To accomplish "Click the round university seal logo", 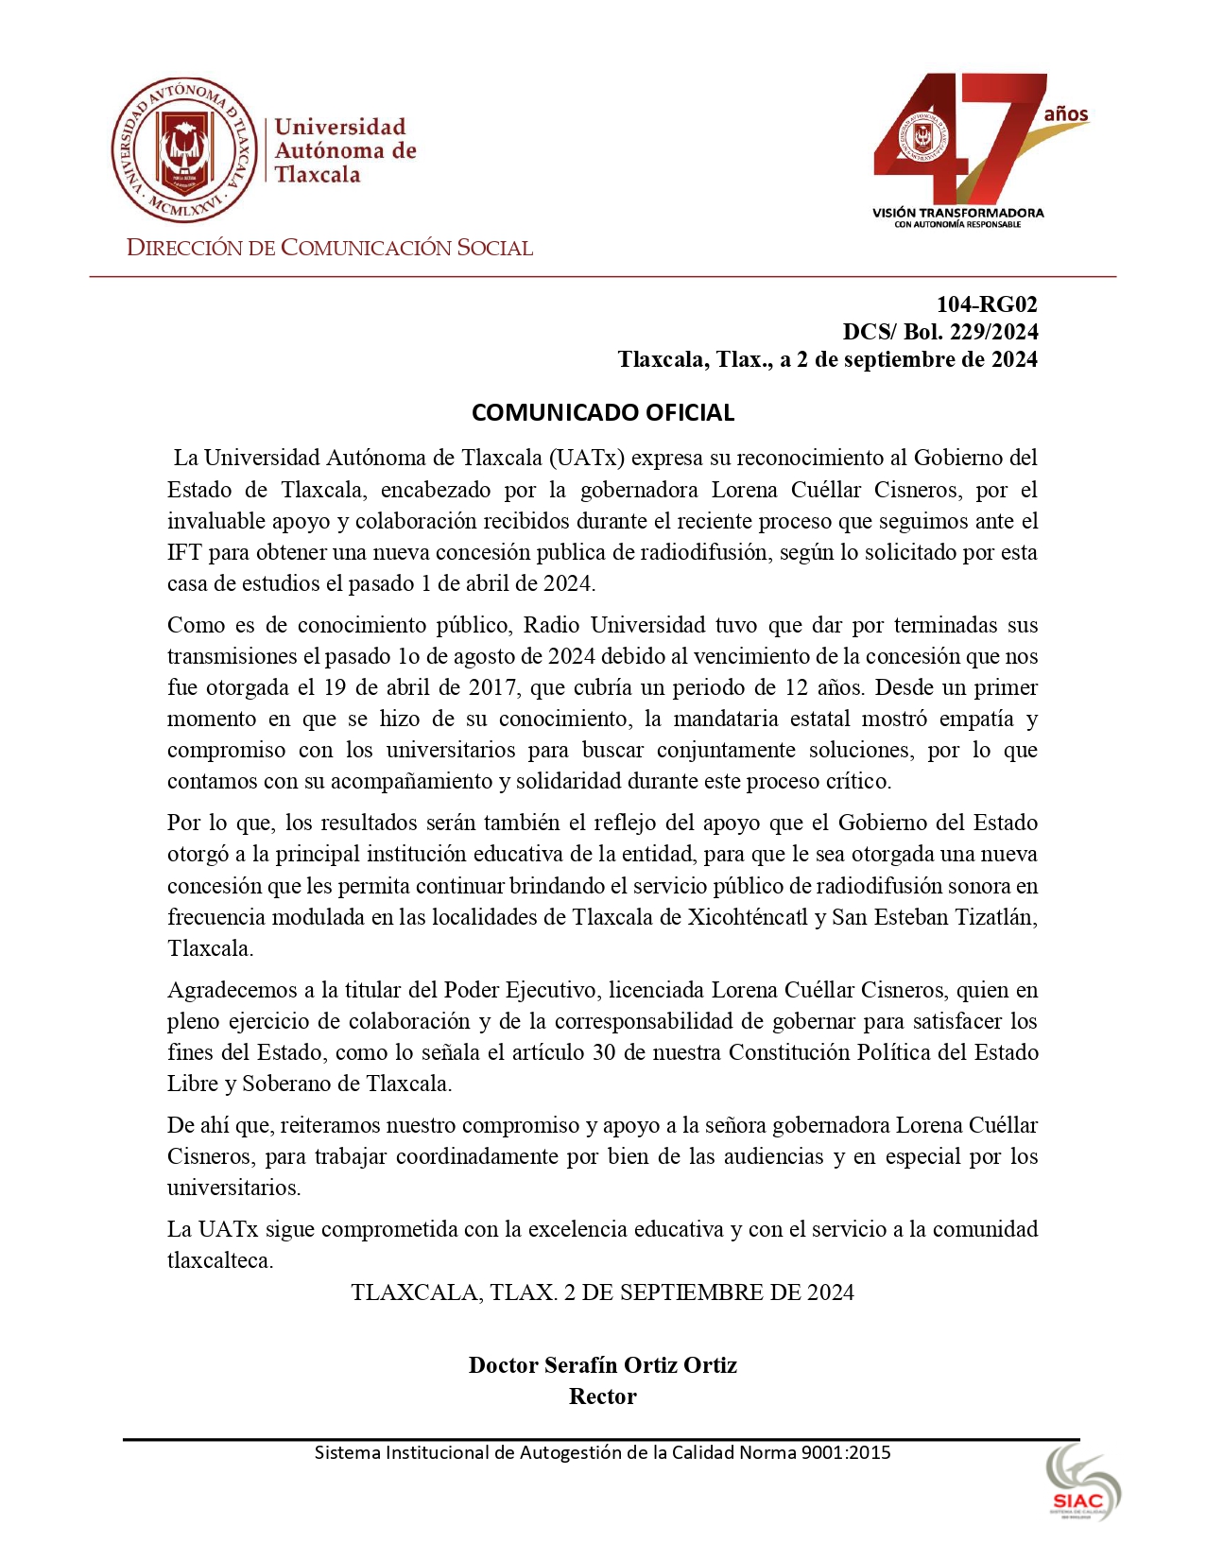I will pos(184,150).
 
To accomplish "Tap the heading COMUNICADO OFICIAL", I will pos(603,412).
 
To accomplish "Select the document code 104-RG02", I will pos(987,304).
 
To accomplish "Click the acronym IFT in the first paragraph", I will pos(184,552).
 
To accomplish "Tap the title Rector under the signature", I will pos(602,1396).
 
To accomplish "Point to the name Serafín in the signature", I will pos(582,1365).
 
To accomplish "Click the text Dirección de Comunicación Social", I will pos(330,249).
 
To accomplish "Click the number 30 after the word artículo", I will pos(604,1052).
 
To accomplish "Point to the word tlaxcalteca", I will pos(219,1261).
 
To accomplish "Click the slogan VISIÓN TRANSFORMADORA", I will pos(957,213).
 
